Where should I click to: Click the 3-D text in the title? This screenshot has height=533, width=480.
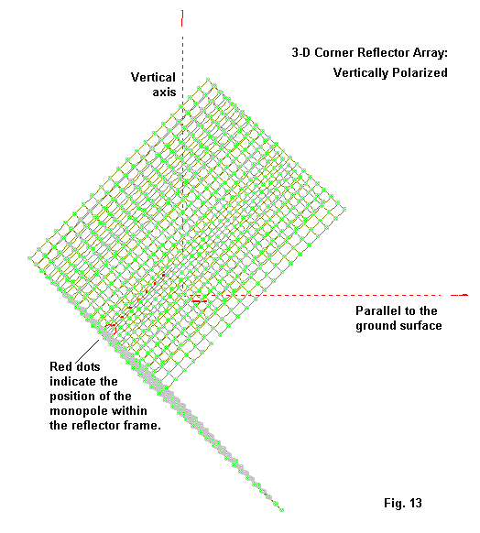[x=300, y=53]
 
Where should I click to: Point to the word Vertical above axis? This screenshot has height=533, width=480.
[x=153, y=77]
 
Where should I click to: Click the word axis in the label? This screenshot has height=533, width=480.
[x=164, y=92]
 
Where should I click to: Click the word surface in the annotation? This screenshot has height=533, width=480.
[x=420, y=326]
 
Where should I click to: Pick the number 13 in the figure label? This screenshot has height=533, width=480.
[x=415, y=503]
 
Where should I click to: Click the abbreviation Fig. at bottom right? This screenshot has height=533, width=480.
[x=395, y=504]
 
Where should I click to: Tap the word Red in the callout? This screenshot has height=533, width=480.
[x=60, y=366]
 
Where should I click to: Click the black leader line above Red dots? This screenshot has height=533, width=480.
[x=87, y=351]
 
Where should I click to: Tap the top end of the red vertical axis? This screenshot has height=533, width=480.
[x=182, y=11]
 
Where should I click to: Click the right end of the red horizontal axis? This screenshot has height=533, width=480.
[x=468, y=295]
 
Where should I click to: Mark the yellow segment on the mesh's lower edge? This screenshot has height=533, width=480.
[x=215, y=341]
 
